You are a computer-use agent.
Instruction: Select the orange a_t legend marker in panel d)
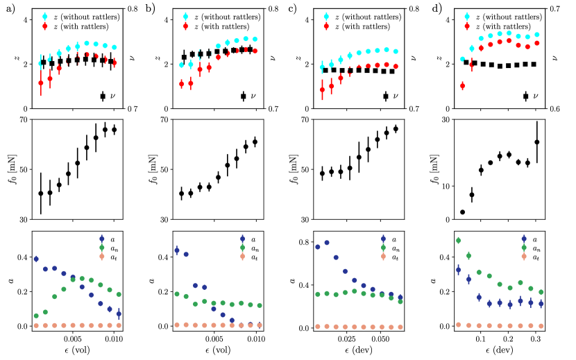click(524, 257)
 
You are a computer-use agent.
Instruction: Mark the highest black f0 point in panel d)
click(536, 142)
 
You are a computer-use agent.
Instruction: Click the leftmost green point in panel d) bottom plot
click(458, 241)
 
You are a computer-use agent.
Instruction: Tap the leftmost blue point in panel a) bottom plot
click(36, 259)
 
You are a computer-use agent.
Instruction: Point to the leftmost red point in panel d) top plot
click(462, 86)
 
